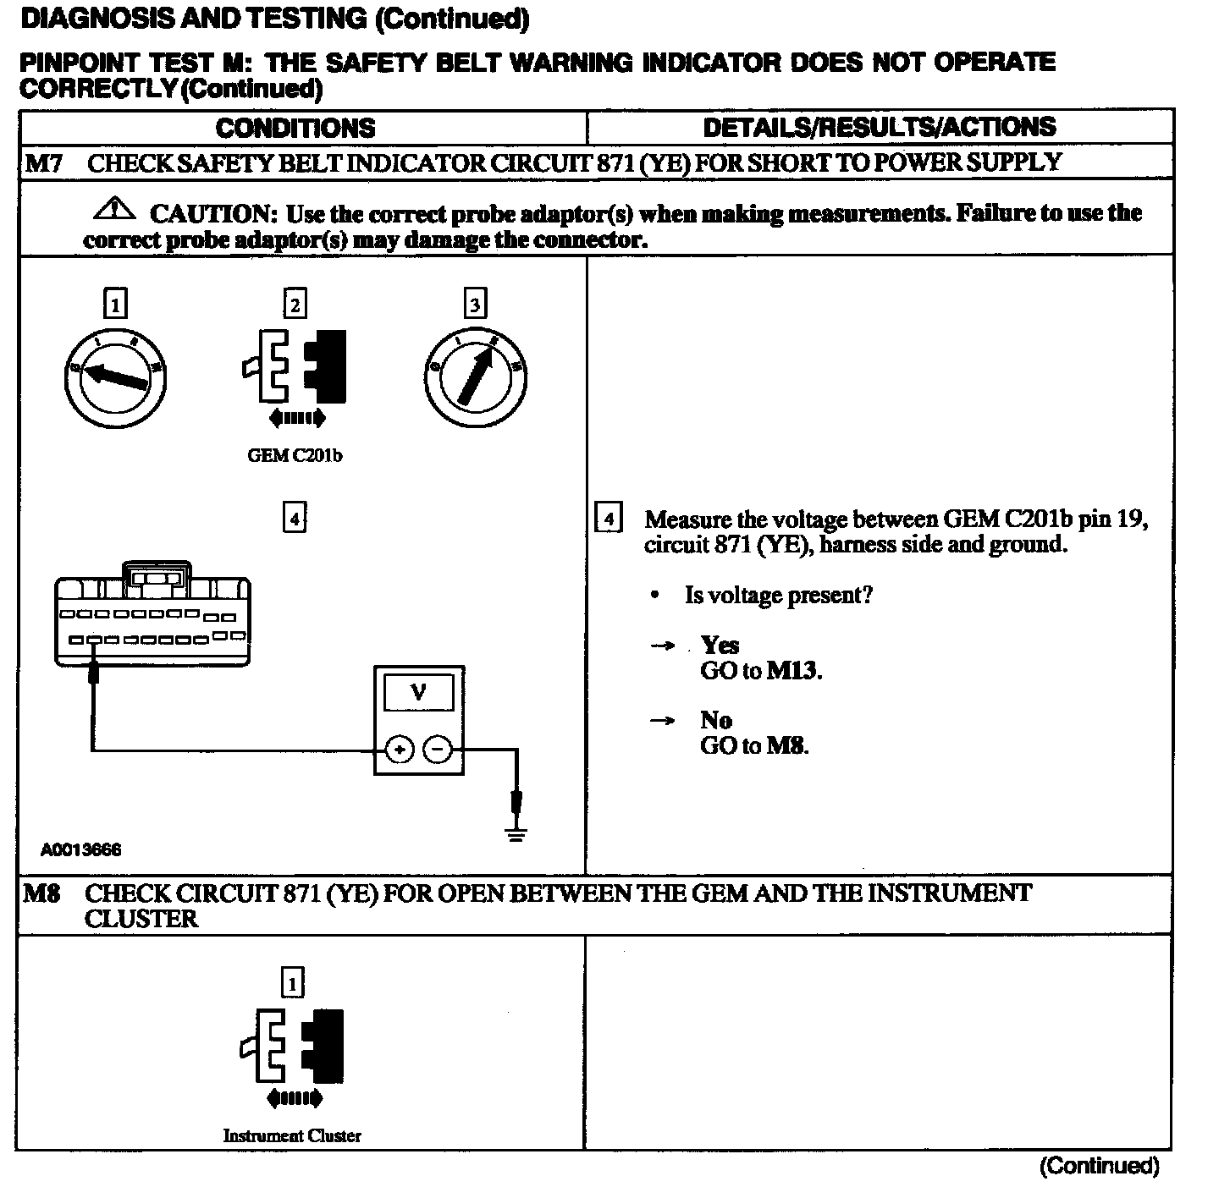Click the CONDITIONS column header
click(x=295, y=128)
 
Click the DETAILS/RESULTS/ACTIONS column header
click(x=880, y=127)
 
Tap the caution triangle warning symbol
click(x=117, y=207)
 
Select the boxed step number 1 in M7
click(x=114, y=304)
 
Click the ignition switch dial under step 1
click(x=116, y=379)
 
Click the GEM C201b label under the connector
click(x=295, y=455)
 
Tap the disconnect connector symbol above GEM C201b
click(x=295, y=366)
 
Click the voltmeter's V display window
click(x=418, y=695)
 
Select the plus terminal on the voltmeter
click(x=399, y=750)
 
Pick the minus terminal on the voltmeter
click(x=437, y=750)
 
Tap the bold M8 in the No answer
click(x=786, y=746)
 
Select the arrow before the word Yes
click(x=662, y=646)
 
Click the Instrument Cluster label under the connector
click(x=292, y=1135)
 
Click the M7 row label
click(x=42, y=163)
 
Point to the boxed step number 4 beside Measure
click(x=609, y=518)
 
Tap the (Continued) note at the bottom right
click(x=1099, y=1166)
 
